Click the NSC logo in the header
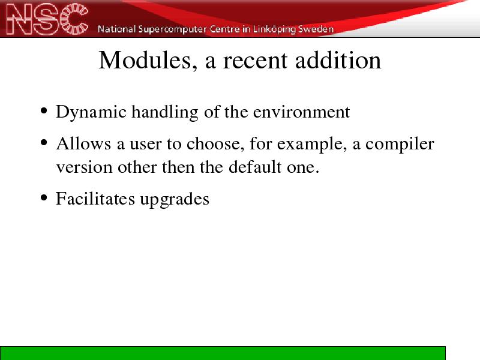pyautogui.click(x=47, y=19)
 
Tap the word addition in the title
pyautogui.click(x=338, y=60)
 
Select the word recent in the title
pyautogui.click(x=255, y=61)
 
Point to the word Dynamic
pyautogui.click(x=91, y=112)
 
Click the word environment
pyautogui.click(x=301, y=112)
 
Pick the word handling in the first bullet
pyautogui.click(x=165, y=112)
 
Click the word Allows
pyautogui.click(x=83, y=143)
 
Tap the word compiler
pyautogui.click(x=400, y=145)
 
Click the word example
pyautogui.click(x=311, y=145)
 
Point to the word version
pyautogui.click(x=84, y=167)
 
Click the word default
pyautogui.click(x=255, y=167)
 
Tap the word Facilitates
pyautogui.click(x=95, y=199)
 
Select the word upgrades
pyautogui.click(x=175, y=200)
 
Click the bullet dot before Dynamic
pyautogui.click(x=44, y=111)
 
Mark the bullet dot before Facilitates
pyautogui.click(x=44, y=198)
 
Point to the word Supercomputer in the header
pyautogui.click(x=172, y=29)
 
